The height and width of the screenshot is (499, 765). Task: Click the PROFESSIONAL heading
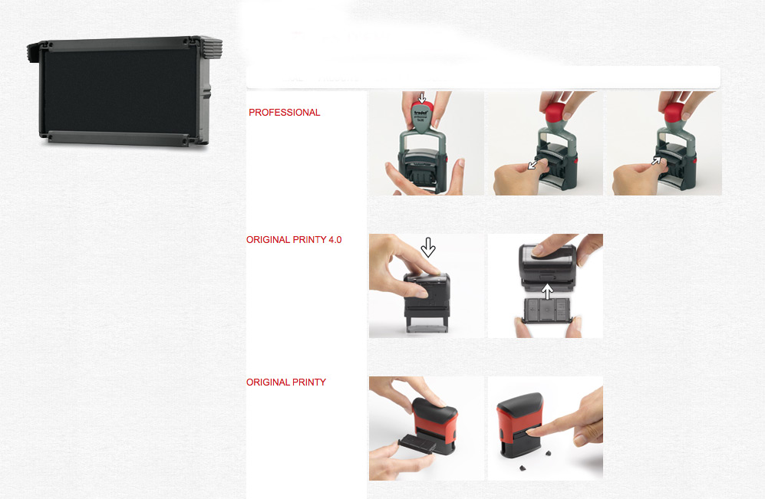(285, 113)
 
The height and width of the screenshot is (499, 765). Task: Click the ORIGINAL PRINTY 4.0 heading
(294, 240)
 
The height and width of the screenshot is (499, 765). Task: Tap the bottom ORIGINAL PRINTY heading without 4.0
(286, 382)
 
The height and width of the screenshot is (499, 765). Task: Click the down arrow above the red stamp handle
(422, 98)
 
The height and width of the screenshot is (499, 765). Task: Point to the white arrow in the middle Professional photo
(533, 164)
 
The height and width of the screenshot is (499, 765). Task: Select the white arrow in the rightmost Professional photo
(657, 160)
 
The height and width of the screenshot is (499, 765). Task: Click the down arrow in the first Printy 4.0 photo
(428, 248)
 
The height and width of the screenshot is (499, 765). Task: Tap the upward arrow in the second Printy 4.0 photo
(547, 291)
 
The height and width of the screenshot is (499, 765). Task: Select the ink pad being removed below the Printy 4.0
(547, 310)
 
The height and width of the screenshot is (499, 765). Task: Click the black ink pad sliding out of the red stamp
(417, 445)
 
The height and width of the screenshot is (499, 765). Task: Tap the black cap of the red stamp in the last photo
(520, 403)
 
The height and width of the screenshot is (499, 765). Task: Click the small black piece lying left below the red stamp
(523, 468)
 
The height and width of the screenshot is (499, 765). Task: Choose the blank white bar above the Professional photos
(483, 77)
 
